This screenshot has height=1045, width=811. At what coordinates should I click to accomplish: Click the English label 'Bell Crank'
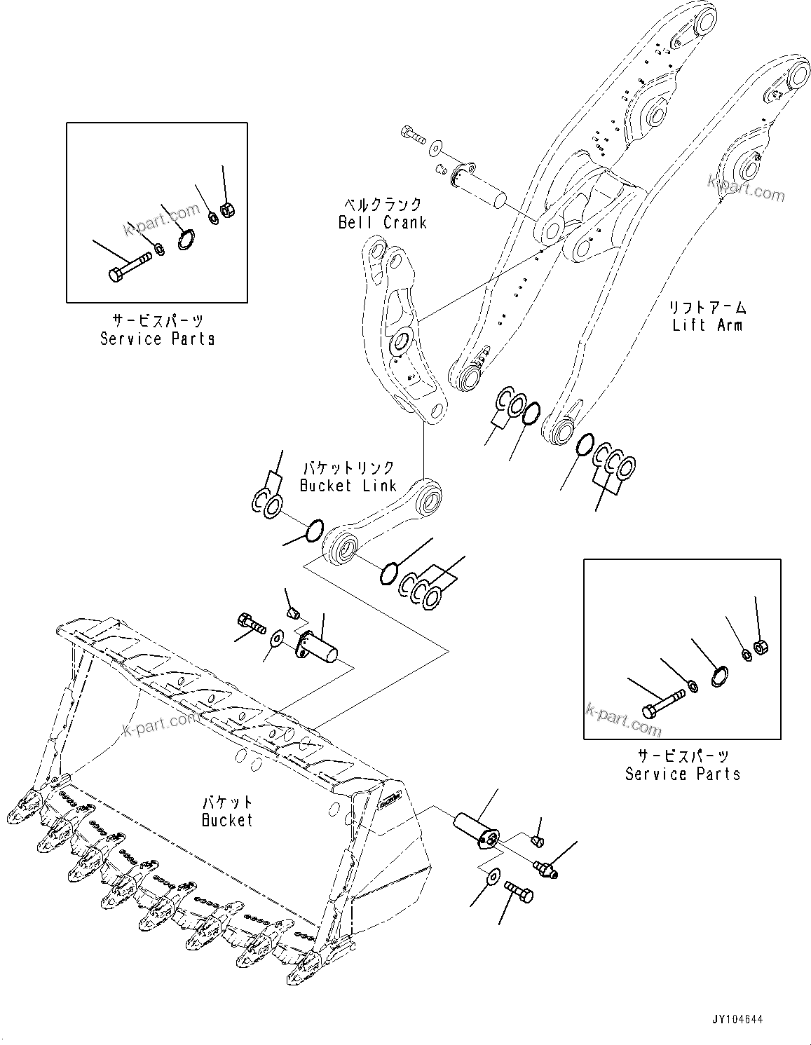382,222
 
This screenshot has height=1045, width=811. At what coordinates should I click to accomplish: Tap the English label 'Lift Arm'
707,325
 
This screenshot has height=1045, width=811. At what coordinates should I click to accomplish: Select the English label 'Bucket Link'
348,485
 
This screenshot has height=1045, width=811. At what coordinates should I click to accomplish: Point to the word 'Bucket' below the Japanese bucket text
227,819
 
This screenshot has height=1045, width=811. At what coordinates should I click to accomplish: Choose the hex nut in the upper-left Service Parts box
226,208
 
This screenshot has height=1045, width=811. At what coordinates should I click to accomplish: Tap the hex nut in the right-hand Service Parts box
759,645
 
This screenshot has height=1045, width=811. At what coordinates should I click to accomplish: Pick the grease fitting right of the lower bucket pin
545,868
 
